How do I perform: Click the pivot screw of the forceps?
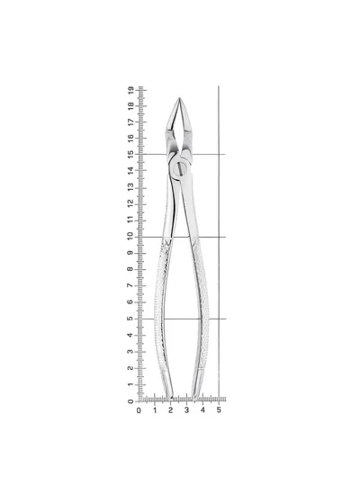(180, 168)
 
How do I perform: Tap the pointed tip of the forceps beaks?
(179, 98)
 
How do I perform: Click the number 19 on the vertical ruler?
(130, 90)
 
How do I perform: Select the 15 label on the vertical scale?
(130, 154)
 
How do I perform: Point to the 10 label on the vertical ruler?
(130, 236)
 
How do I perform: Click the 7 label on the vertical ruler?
(130, 285)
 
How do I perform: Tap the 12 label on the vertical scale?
(130, 203)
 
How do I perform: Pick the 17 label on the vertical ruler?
(130, 121)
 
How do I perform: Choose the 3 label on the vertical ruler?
(130, 351)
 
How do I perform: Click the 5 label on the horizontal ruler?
(219, 410)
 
